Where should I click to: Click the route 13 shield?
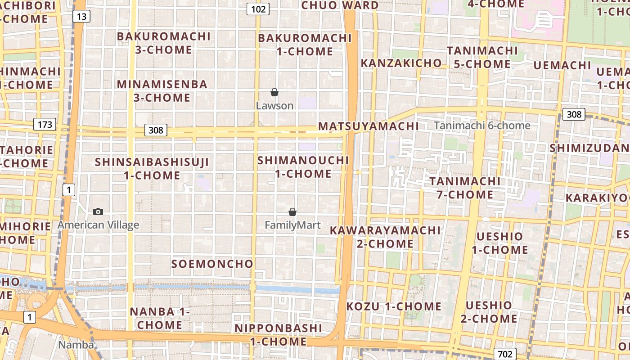tap(81, 17)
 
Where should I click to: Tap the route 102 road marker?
tap(258, 9)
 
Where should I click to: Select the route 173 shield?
tap(45, 124)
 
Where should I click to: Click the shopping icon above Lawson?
tap(274, 92)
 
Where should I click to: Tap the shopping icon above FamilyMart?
tap(292, 211)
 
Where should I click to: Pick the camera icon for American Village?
tap(98, 211)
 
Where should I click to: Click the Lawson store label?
tap(274, 106)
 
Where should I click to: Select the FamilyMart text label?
tap(292, 225)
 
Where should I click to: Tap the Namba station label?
tap(76, 345)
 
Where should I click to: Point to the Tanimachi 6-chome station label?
tap(482, 126)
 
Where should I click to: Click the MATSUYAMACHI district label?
tap(368, 126)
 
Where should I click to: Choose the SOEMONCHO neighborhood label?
tap(212, 264)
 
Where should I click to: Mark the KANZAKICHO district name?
tap(401, 63)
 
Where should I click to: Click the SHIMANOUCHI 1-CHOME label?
tap(303, 167)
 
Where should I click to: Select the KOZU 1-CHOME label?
tap(394, 306)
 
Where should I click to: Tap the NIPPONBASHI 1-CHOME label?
tap(278, 335)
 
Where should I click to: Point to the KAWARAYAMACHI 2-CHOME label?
tap(385, 237)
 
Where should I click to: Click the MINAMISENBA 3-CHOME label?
tap(162, 91)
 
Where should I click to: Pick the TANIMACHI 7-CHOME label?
tap(465, 188)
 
